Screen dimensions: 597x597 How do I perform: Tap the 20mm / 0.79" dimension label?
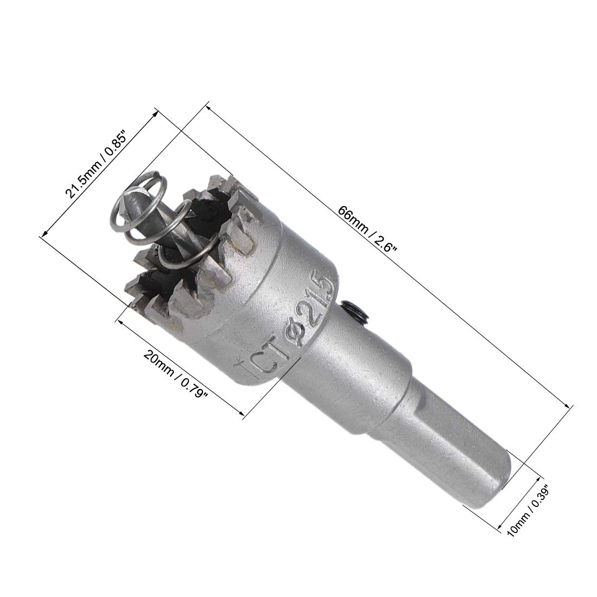tap(176, 373)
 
